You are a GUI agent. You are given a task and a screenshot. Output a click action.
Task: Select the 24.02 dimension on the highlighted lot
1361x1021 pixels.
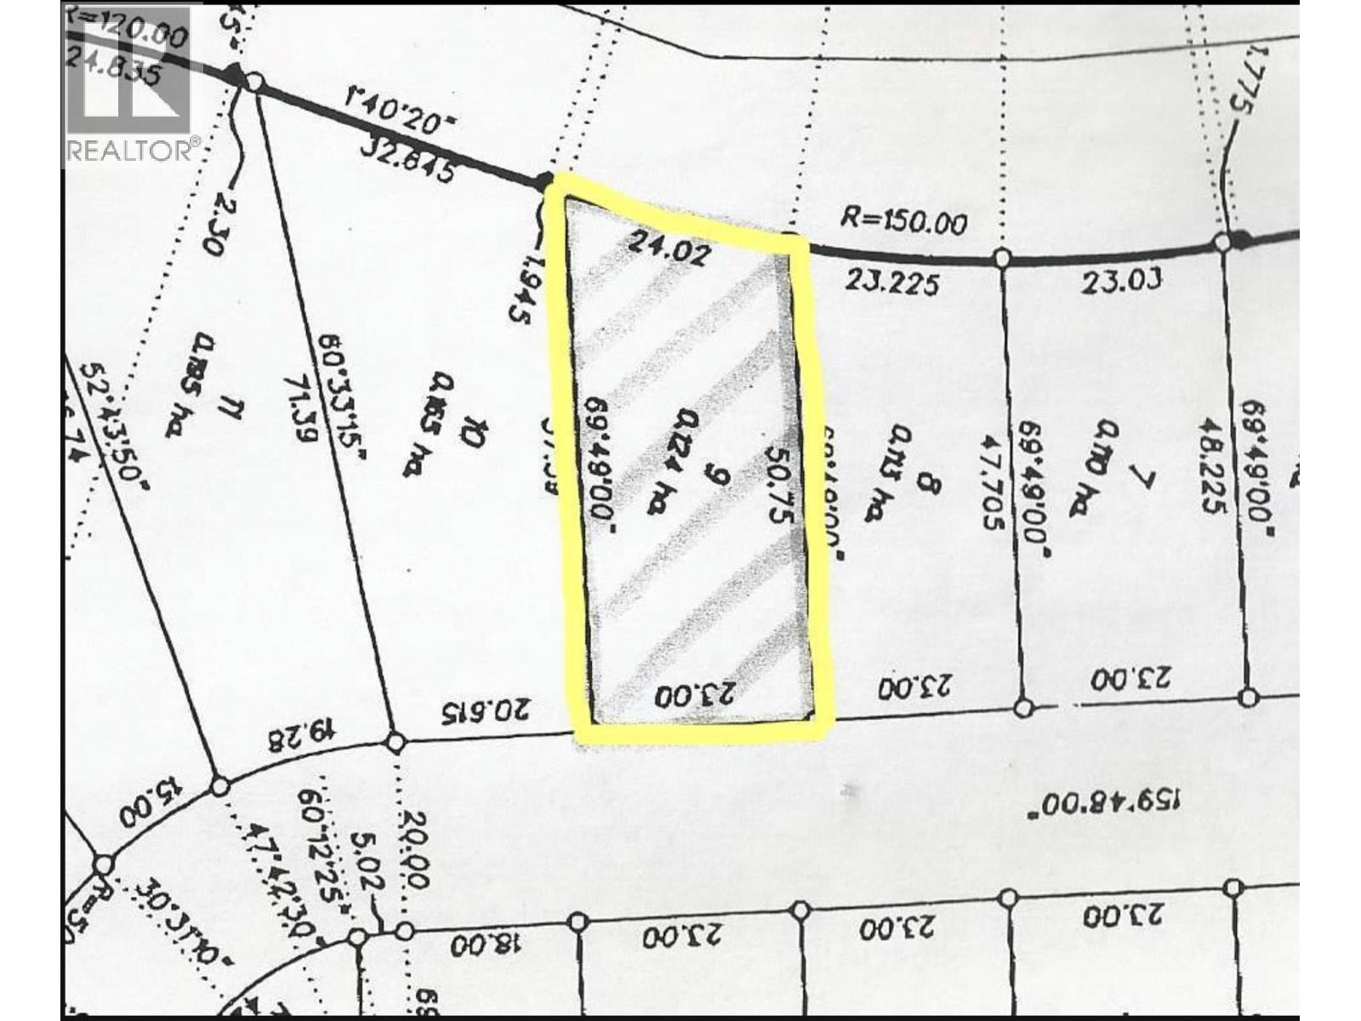coord(667,249)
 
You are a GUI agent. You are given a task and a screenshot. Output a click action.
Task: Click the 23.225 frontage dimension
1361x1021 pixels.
coord(892,282)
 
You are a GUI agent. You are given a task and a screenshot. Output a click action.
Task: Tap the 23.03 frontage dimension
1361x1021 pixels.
coord(1121,280)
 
